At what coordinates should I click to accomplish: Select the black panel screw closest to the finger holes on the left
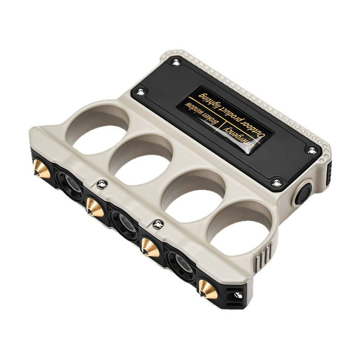click(x=141, y=92)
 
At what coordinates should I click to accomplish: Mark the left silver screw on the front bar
click(x=102, y=183)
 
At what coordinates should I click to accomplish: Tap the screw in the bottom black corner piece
click(x=238, y=295)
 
